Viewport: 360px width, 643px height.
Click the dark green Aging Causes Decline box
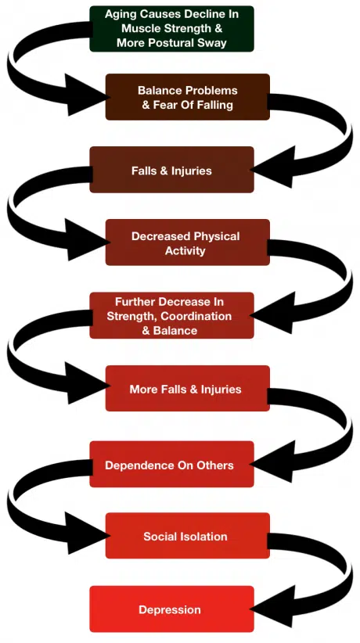click(x=171, y=29)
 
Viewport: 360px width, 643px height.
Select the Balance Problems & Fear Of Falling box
click(x=187, y=97)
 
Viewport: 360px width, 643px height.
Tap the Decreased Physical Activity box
click(x=187, y=242)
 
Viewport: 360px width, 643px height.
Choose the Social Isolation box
click(x=187, y=536)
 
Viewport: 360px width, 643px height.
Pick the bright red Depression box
click(x=171, y=609)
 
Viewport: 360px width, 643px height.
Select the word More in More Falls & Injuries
click(x=143, y=389)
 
